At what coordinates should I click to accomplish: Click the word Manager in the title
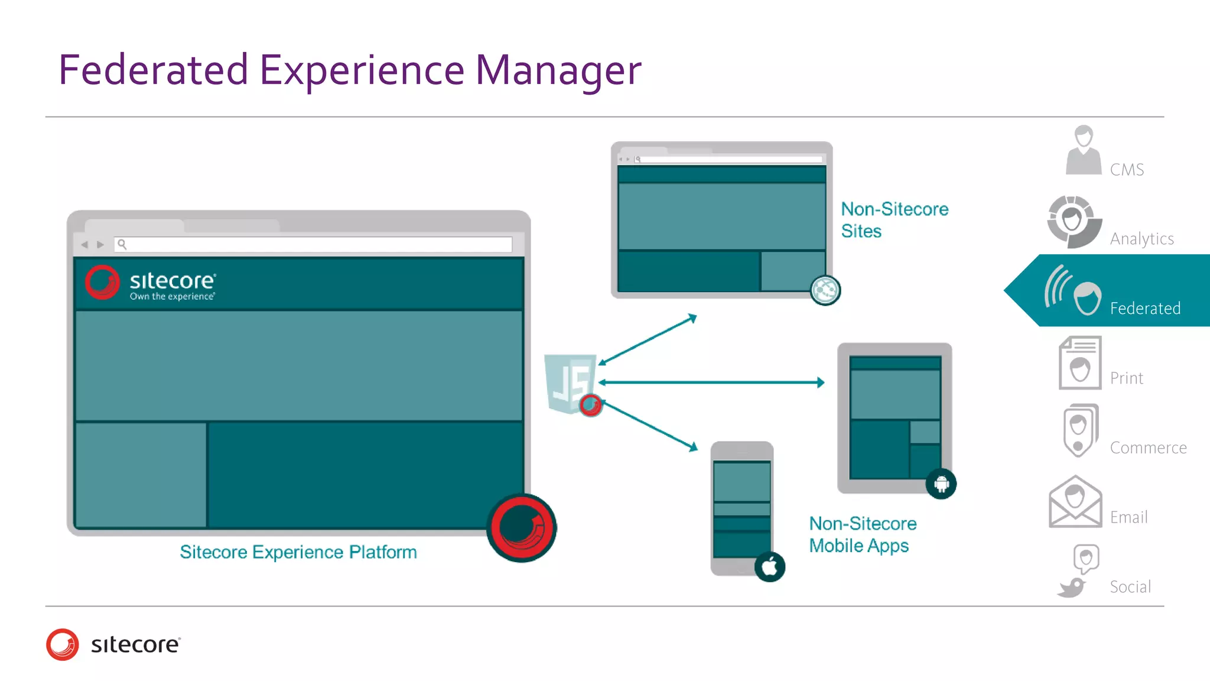point(558,70)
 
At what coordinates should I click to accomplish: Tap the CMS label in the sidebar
point(1126,170)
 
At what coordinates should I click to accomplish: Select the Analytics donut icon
point(1074,222)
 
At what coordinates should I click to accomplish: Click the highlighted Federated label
point(1144,308)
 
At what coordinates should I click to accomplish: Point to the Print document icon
point(1080,363)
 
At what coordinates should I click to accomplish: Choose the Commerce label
point(1148,447)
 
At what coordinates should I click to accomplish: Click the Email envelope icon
point(1075,502)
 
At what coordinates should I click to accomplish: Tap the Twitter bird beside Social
point(1071,588)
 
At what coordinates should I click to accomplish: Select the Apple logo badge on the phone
point(769,567)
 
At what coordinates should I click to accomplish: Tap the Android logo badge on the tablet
point(941,484)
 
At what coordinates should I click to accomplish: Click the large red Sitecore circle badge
point(521,527)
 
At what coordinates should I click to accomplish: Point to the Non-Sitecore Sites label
point(894,220)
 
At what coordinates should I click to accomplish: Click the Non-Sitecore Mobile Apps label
point(862,534)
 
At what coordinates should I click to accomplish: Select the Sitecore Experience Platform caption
point(298,552)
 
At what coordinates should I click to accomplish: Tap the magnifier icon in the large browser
point(122,244)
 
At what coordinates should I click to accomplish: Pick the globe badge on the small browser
point(825,290)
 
